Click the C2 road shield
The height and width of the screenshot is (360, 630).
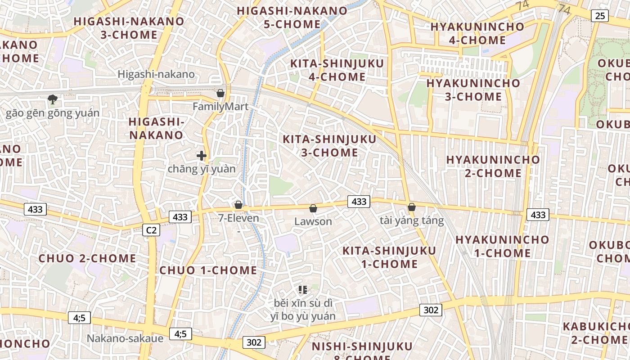[x=151, y=230]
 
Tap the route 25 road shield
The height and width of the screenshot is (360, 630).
[x=600, y=16]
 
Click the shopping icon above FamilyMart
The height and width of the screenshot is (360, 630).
[x=220, y=93]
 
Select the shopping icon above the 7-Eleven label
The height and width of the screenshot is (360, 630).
[x=238, y=205]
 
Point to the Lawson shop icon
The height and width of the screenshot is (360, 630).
[x=313, y=208]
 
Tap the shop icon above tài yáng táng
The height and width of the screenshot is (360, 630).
[x=411, y=207]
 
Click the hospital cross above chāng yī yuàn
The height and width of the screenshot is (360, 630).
[x=202, y=156]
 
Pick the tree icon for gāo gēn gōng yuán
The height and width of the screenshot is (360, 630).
[x=53, y=99]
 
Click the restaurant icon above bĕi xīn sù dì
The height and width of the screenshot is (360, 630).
[x=303, y=290]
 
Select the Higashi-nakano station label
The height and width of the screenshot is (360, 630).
[x=156, y=74]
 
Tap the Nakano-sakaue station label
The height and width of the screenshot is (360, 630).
[x=125, y=338]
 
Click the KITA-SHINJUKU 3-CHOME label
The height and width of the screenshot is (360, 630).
[x=329, y=146]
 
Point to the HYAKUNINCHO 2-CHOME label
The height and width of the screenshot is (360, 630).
[x=493, y=166]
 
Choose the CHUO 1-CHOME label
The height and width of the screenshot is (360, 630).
[x=208, y=270]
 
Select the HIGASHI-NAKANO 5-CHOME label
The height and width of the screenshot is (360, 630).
[x=292, y=18]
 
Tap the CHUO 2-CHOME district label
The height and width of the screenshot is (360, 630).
[x=87, y=258]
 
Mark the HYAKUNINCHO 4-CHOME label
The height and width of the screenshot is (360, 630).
[x=477, y=33]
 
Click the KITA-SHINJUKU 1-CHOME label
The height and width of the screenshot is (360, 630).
[x=389, y=257]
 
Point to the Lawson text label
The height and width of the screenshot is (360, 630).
[x=313, y=221]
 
